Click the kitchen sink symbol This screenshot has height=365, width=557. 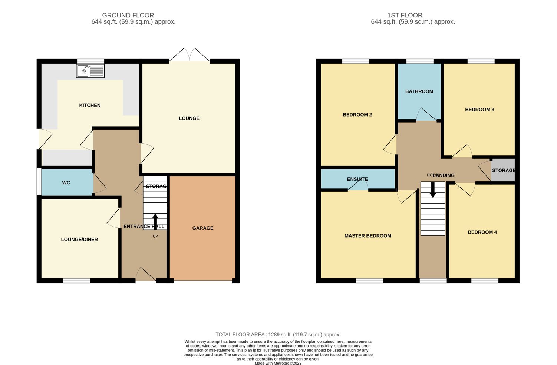pyautogui.click(x=90, y=71)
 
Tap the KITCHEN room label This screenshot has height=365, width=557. pyautogui.click(x=90, y=105)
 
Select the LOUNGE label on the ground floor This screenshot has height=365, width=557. pyautogui.click(x=189, y=118)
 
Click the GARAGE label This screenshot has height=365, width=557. pyautogui.click(x=202, y=228)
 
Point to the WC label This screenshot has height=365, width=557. pyautogui.click(x=66, y=183)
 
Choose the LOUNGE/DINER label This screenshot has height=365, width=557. pyautogui.click(x=79, y=240)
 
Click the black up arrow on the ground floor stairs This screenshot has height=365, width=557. pyautogui.click(x=155, y=221)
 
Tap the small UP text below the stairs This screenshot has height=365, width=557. pyautogui.click(x=155, y=237)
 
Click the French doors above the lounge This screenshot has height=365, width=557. pyautogui.click(x=189, y=55)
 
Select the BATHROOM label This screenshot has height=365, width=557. pyautogui.click(x=419, y=91)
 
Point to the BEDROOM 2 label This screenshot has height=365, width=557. pyautogui.click(x=357, y=115)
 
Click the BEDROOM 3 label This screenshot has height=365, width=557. pyautogui.click(x=479, y=110)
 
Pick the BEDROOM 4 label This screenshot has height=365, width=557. pyautogui.click(x=482, y=232)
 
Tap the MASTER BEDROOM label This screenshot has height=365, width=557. pyautogui.click(x=368, y=236)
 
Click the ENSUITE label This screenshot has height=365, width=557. pyautogui.click(x=357, y=179)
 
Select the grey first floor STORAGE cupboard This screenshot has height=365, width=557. pyautogui.click(x=503, y=170)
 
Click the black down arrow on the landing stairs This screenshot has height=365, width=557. pyautogui.click(x=433, y=190)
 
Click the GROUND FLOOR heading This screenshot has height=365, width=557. pyautogui.click(x=128, y=16)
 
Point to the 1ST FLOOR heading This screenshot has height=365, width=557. pyautogui.click(x=405, y=16)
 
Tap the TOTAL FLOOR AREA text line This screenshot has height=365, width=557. pyautogui.click(x=278, y=334)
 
